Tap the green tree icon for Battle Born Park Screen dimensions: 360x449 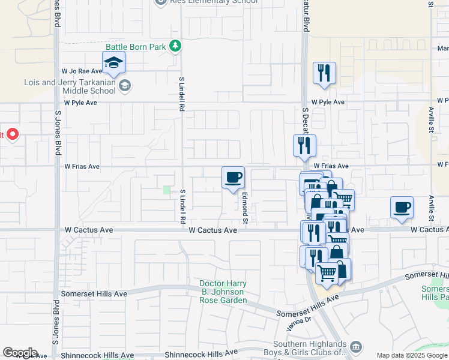175,46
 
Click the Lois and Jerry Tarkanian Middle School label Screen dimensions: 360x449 69,87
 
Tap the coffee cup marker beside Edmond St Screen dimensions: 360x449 233,178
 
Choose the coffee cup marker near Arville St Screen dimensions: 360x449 401,208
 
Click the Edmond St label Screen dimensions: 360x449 245,208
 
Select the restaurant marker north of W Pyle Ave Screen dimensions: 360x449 324,74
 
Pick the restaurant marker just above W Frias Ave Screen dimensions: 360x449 304,146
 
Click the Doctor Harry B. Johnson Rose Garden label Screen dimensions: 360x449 223,292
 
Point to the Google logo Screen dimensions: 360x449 20,353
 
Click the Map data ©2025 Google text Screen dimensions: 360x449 412,355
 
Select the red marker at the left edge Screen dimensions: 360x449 11,134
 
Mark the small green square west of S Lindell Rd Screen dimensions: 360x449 167,190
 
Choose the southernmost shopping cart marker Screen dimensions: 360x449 327,274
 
